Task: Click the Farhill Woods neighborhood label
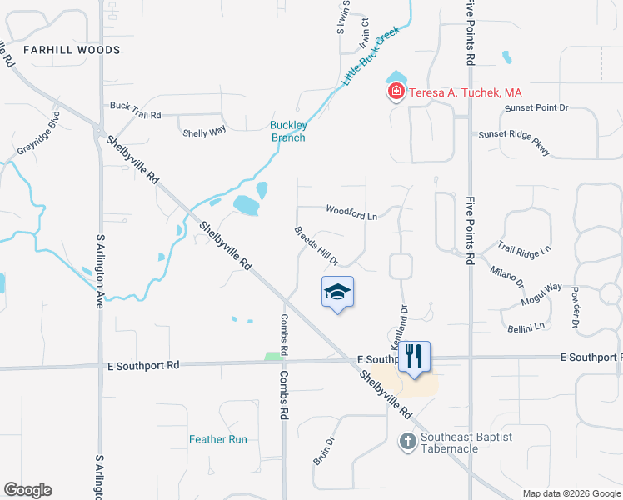pyautogui.click(x=72, y=50)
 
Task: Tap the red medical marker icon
pyautogui.click(x=396, y=92)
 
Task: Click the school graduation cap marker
pyautogui.click(x=337, y=292)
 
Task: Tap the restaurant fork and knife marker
pyautogui.click(x=414, y=357)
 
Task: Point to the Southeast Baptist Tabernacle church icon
pyautogui.click(x=408, y=441)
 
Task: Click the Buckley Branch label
pyautogui.click(x=288, y=132)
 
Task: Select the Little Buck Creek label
pyautogui.click(x=371, y=57)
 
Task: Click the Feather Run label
pyautogui.click(x=218, y=439)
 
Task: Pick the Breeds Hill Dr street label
pyautogui.click(x=316, y=246)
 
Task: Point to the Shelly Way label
pyautogui.click(x=204, y=132)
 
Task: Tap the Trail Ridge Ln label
pyautogui.click(x=525, y=249)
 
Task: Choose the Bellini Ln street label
pyautogui.click(x=526, y=321)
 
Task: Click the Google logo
pyautogui.click(x=27, y=490)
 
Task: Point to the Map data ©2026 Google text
pyautogui.click(x=571, y=493)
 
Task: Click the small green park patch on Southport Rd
pyautogui.click(x=272, y=357)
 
